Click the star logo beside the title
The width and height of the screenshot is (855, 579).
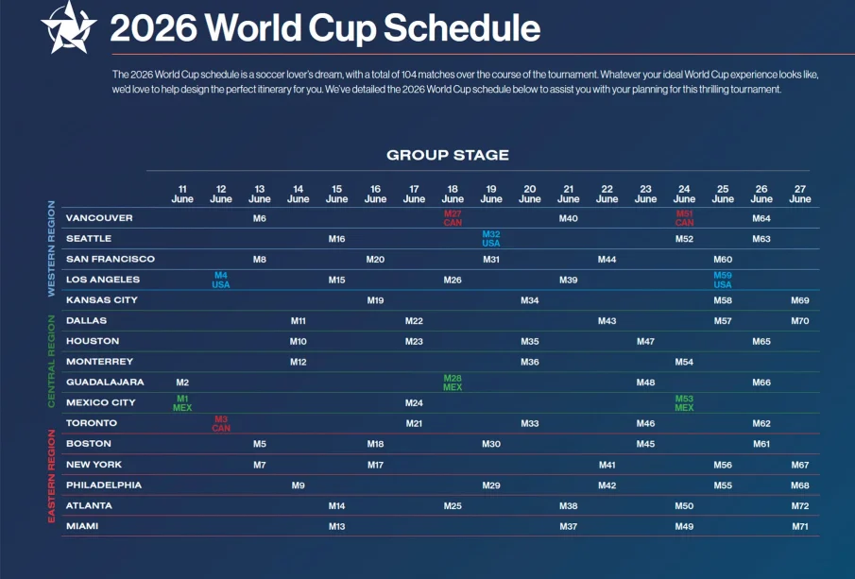68,27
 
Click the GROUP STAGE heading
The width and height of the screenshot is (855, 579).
448,155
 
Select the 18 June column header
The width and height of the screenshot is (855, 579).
453,195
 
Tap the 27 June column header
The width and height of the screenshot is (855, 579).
800,195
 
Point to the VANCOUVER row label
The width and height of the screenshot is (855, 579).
99,218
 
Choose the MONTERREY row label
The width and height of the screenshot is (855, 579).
99,362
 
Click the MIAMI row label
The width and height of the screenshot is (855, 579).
82,526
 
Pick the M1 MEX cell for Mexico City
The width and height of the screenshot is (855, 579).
182,403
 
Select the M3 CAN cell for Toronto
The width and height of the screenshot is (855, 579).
221,424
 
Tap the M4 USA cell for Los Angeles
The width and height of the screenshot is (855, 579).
221,281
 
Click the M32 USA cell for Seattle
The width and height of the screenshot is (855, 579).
491,239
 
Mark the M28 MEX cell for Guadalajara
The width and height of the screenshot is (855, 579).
453,383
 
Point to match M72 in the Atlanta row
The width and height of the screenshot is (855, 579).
800,506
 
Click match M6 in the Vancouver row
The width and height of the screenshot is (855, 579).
260,219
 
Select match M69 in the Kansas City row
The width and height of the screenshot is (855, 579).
800,300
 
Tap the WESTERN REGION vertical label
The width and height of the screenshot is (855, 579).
52,248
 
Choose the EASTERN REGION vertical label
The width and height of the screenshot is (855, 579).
52,475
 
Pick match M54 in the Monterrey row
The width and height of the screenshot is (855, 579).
684,362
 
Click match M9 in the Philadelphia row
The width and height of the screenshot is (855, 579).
299,485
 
